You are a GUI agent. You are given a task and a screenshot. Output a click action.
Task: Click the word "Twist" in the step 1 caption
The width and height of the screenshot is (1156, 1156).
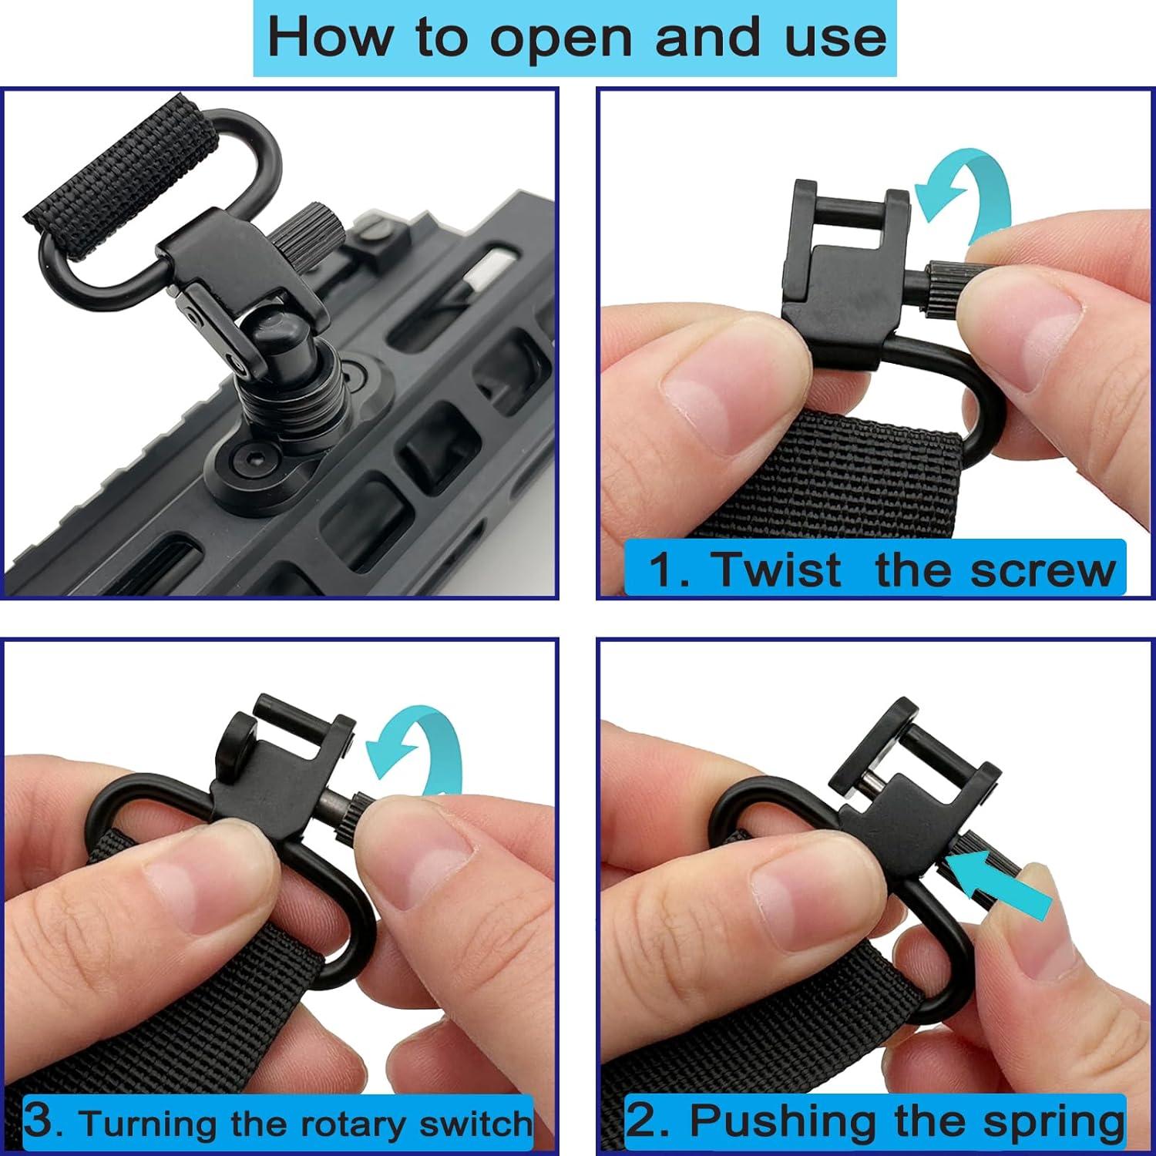coord(777,570)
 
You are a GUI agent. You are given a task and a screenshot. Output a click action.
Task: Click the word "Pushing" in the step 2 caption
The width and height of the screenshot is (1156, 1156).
coord(812,1121)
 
